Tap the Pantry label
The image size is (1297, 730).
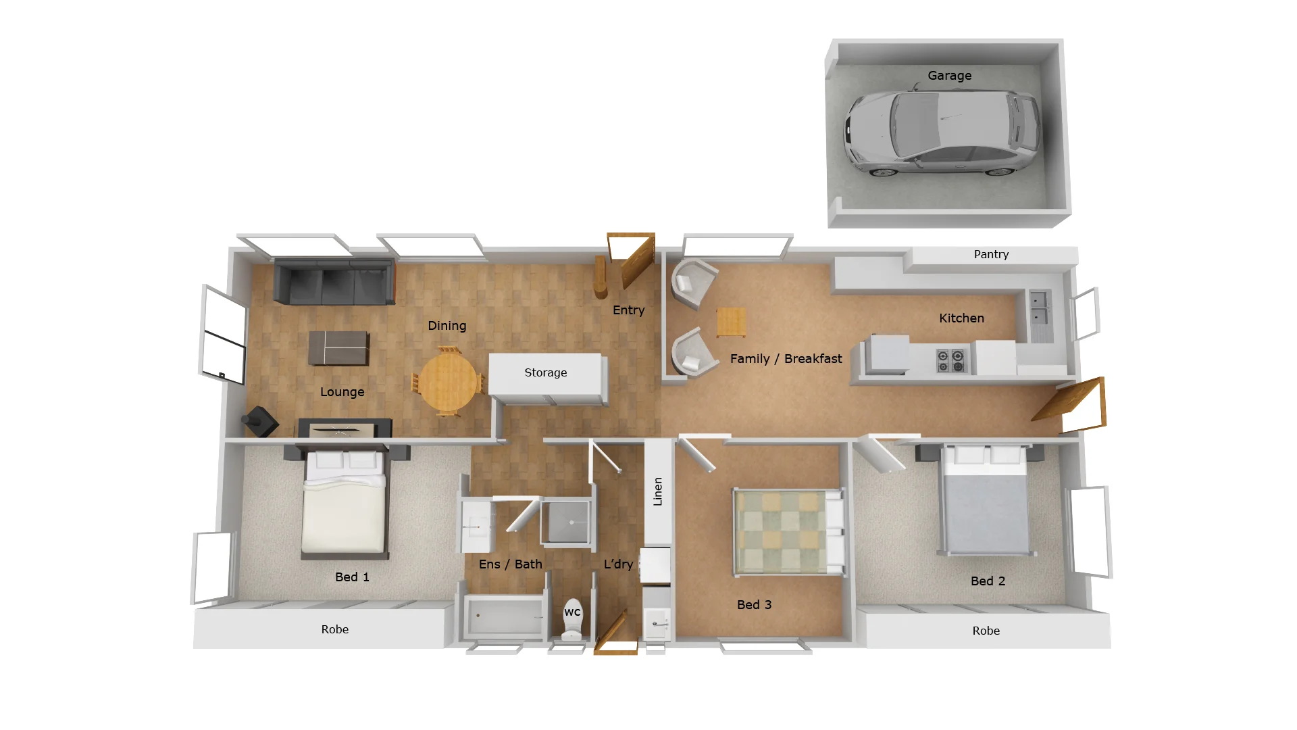coord(991,255)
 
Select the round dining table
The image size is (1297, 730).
coord(448,381)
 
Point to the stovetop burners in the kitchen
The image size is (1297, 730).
coord(950,360)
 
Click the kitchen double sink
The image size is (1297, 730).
coord(1038,308)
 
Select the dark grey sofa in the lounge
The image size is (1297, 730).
coord(334,282)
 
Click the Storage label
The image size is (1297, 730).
coord(546,372)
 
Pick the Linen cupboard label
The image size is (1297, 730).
coord(658,491)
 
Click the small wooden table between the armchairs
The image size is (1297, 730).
coord(731,321)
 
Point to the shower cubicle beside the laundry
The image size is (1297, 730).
coord(567,522)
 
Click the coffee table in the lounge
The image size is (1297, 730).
coord(338,347)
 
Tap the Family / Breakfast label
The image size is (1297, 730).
coord(786,359)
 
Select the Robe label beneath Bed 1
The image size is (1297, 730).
coord(335,629)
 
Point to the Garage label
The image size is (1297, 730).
coord(949,76)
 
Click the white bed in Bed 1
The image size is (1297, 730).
coord(345,504)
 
